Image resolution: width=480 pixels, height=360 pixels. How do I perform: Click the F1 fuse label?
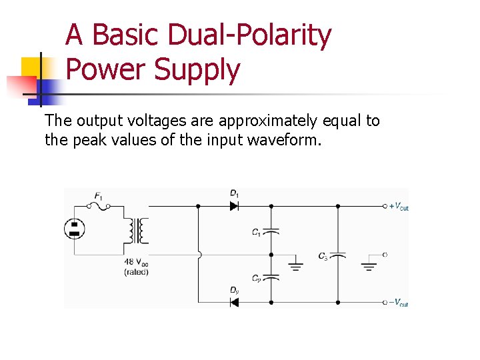tap(99, 196)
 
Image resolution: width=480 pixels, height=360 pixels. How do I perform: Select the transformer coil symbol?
tap(140, 231)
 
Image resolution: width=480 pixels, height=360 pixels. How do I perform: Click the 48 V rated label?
tap(136, 267)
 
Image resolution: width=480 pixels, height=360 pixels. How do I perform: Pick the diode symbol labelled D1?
tap(234, 206)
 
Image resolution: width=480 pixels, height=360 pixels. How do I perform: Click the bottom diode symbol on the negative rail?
tap(234, 302)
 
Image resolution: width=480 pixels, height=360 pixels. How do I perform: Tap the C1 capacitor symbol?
tap(271, 231)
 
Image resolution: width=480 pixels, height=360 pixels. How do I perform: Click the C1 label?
tap(257, 232)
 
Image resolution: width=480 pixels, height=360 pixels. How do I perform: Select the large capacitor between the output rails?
tap(338, 255)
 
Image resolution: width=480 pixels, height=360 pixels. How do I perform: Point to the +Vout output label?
tap(399, 207)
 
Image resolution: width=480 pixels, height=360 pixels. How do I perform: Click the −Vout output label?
tap(399, 303)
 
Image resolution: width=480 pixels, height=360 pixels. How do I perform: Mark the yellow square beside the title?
tap(32, 67)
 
